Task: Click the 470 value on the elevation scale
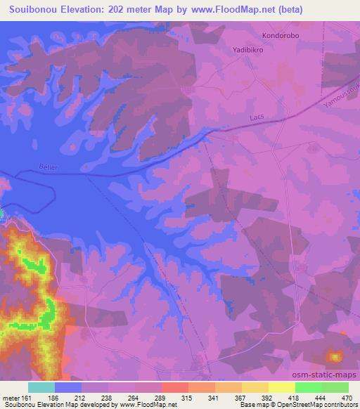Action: click(345, 397)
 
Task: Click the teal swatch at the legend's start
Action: click(41, 387)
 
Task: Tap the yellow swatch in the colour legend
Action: click(281, 387)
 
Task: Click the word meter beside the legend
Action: click(10, 397)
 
